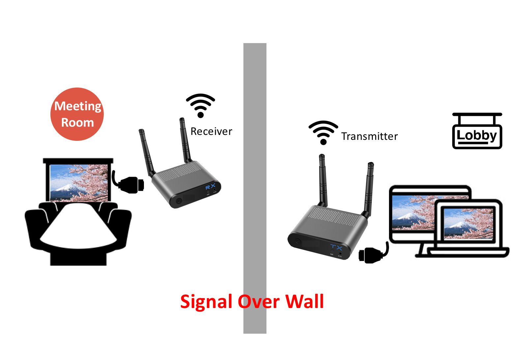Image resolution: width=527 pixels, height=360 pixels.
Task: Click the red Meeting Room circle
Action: click(x=77, y=114)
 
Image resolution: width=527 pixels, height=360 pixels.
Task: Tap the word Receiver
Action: click(x=211, y=132)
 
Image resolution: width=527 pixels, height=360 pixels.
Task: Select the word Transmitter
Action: click(x=369, y=137)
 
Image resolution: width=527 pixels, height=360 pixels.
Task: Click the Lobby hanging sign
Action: click(x=477, y=135)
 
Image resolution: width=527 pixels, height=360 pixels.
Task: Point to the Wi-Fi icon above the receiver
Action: click(x=200, y=105)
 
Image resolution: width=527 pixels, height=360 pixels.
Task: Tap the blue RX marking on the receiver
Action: click(x=210, y=187)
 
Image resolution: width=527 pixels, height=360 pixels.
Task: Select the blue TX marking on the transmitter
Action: click(x=336, y=247)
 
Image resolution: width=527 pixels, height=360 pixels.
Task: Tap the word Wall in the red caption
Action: click(x=305, y=301)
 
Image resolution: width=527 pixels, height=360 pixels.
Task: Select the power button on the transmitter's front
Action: click(x=297, y=241)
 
